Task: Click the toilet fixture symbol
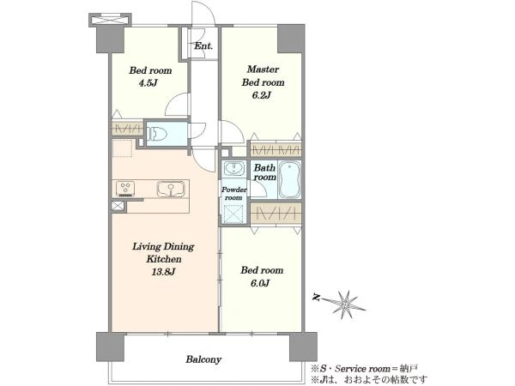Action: pos(157,134)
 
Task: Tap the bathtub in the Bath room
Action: pos(289,180)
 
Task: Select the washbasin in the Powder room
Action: pos(233,169)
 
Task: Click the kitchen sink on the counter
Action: pos(171,189)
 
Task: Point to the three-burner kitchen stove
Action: pos(125,189)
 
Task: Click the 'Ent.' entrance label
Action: pos(203,46)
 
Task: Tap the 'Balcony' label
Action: pos(203,359)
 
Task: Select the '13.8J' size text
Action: pos(163,272)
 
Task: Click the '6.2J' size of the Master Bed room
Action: pos(262,95)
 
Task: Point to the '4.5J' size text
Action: pos(148,83)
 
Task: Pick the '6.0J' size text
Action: pos(260,283)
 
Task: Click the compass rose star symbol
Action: pos(346,305)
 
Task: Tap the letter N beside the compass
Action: pos(317,298)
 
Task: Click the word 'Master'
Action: pos(263,69)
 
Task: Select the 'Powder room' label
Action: pos(233,194)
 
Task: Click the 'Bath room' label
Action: pos(264,172)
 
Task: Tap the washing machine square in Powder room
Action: pos(233,214)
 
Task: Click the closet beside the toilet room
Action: pos(127,129)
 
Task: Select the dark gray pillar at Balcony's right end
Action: pos(303,347)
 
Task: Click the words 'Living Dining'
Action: pos(163,246)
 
